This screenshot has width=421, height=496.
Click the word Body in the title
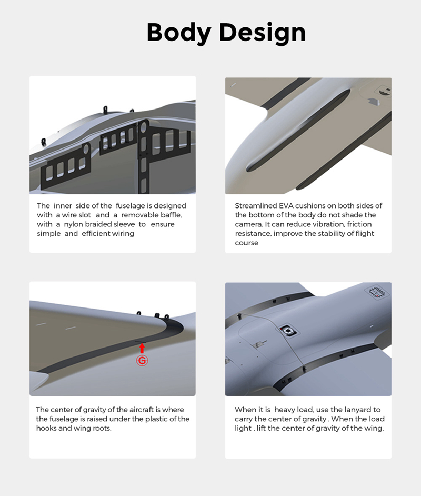(179, 33)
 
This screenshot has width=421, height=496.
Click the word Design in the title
(263, 33)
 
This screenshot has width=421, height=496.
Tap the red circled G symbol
(142, 361)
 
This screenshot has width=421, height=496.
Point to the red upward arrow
(142, 348)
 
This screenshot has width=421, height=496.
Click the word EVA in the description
(286, 206)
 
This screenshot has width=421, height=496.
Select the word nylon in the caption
(73, 225)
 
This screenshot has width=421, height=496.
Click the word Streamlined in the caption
(256, 206)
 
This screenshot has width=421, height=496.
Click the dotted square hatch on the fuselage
(377, 292)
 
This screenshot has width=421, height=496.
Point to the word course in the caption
(246, 243)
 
